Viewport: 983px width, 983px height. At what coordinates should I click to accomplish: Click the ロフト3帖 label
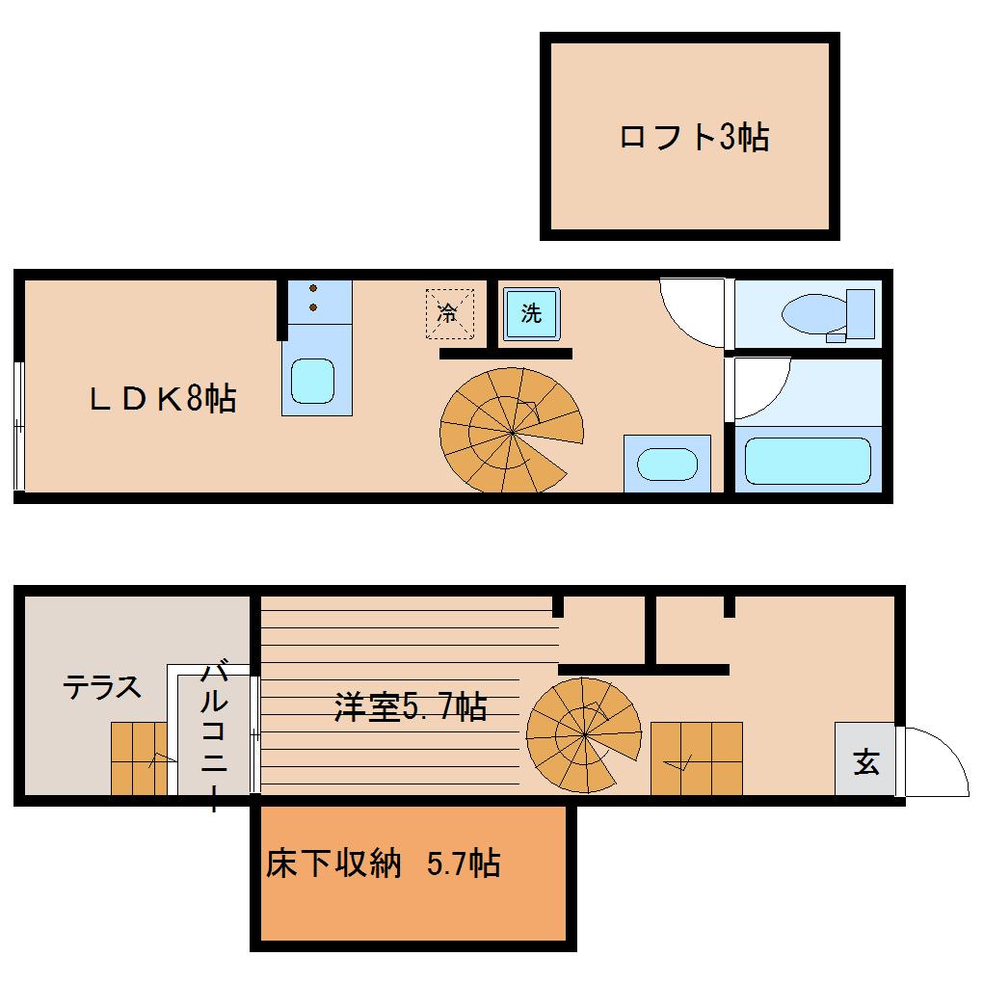[x=693, y=138]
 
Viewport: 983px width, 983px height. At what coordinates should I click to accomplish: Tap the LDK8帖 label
[x=163, y=398]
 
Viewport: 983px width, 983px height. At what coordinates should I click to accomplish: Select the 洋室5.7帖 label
[x=410, y=707]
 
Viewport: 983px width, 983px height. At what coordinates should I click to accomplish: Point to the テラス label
[x=102, y=688]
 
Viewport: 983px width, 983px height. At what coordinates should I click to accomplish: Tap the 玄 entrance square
[x=865, y=763]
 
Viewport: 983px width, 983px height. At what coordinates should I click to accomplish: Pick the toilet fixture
[x=829, y=314]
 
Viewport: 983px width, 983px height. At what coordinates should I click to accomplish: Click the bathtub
[x=808, y=461]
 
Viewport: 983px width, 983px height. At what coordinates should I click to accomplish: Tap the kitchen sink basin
[x=312, y=381]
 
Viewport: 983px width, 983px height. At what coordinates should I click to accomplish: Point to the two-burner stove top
[x=315, y=299]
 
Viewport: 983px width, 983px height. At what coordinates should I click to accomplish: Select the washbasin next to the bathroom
[x=667, y=464]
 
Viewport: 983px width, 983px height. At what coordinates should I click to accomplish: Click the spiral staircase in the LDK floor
[x=511, y=430]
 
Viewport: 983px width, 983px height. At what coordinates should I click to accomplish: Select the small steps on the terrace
[x=139, y=757]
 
